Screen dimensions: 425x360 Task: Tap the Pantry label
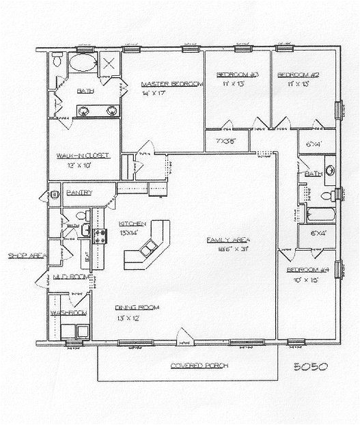pyautogui.click(x=80, y=193)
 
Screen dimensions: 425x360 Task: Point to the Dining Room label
pyautogui.click(x=137, y=309)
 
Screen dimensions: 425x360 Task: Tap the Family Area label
pyautogui.click(x=230, y=241)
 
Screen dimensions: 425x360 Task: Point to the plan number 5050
pyautogui.click(x=311, y=366)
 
